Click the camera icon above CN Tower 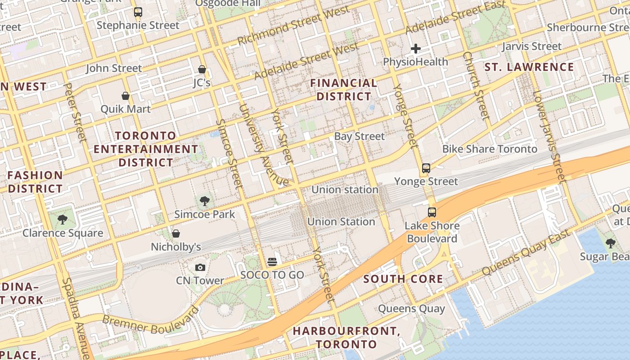click(201, 268)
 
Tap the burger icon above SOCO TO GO click(272, 261)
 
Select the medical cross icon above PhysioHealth click(416, 48)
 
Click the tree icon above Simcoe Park click(205, 201)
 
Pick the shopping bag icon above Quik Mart click(126, 96)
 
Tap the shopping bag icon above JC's click(202, 69)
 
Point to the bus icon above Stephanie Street click(138, 12)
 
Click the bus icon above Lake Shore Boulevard click(432, 212)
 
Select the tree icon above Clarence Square click(63, 220)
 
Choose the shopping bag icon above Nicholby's click(176, 234)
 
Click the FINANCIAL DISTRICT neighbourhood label click(344, 90)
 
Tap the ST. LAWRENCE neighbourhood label click(529, 67)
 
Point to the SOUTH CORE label click(403, 279)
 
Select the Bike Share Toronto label click(490, 149)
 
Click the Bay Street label click(360, 136)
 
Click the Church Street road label click(476, 85)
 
